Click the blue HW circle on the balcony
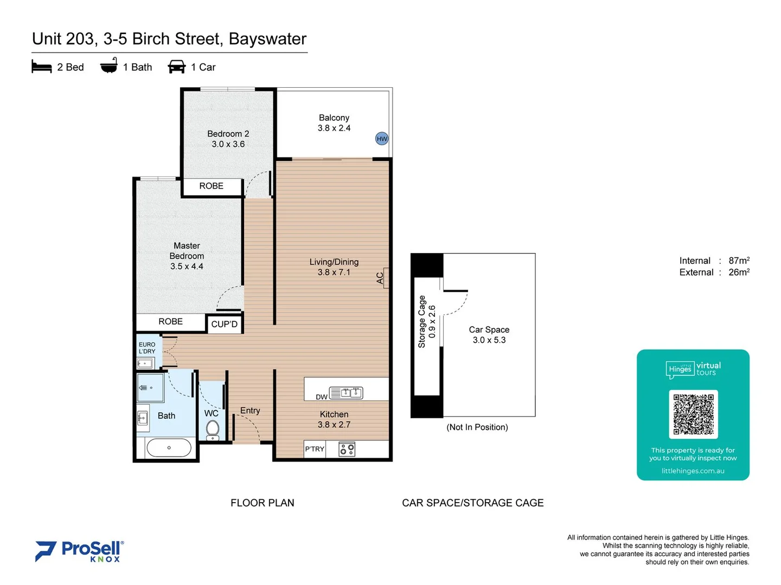click(382, 139)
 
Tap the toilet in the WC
click(213, 430)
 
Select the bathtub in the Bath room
click(169, 448)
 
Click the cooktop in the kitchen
click(347, 449)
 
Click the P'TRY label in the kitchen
click(314, 449)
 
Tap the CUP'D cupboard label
click(224, 324)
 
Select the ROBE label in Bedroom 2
click(211, 186)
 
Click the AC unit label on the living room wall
click(380, 278)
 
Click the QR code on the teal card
click(693, 414)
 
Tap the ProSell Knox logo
click(80, 551)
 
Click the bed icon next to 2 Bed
click(42, 67)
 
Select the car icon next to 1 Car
click(177, 67)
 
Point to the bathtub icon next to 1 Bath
click(109, 66)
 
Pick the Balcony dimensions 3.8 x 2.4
click(334, 128)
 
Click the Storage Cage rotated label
click(422, 321)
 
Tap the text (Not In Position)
click(477, 427)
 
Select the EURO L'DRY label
click(147, 348)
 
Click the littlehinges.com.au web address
click(693, 471)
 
